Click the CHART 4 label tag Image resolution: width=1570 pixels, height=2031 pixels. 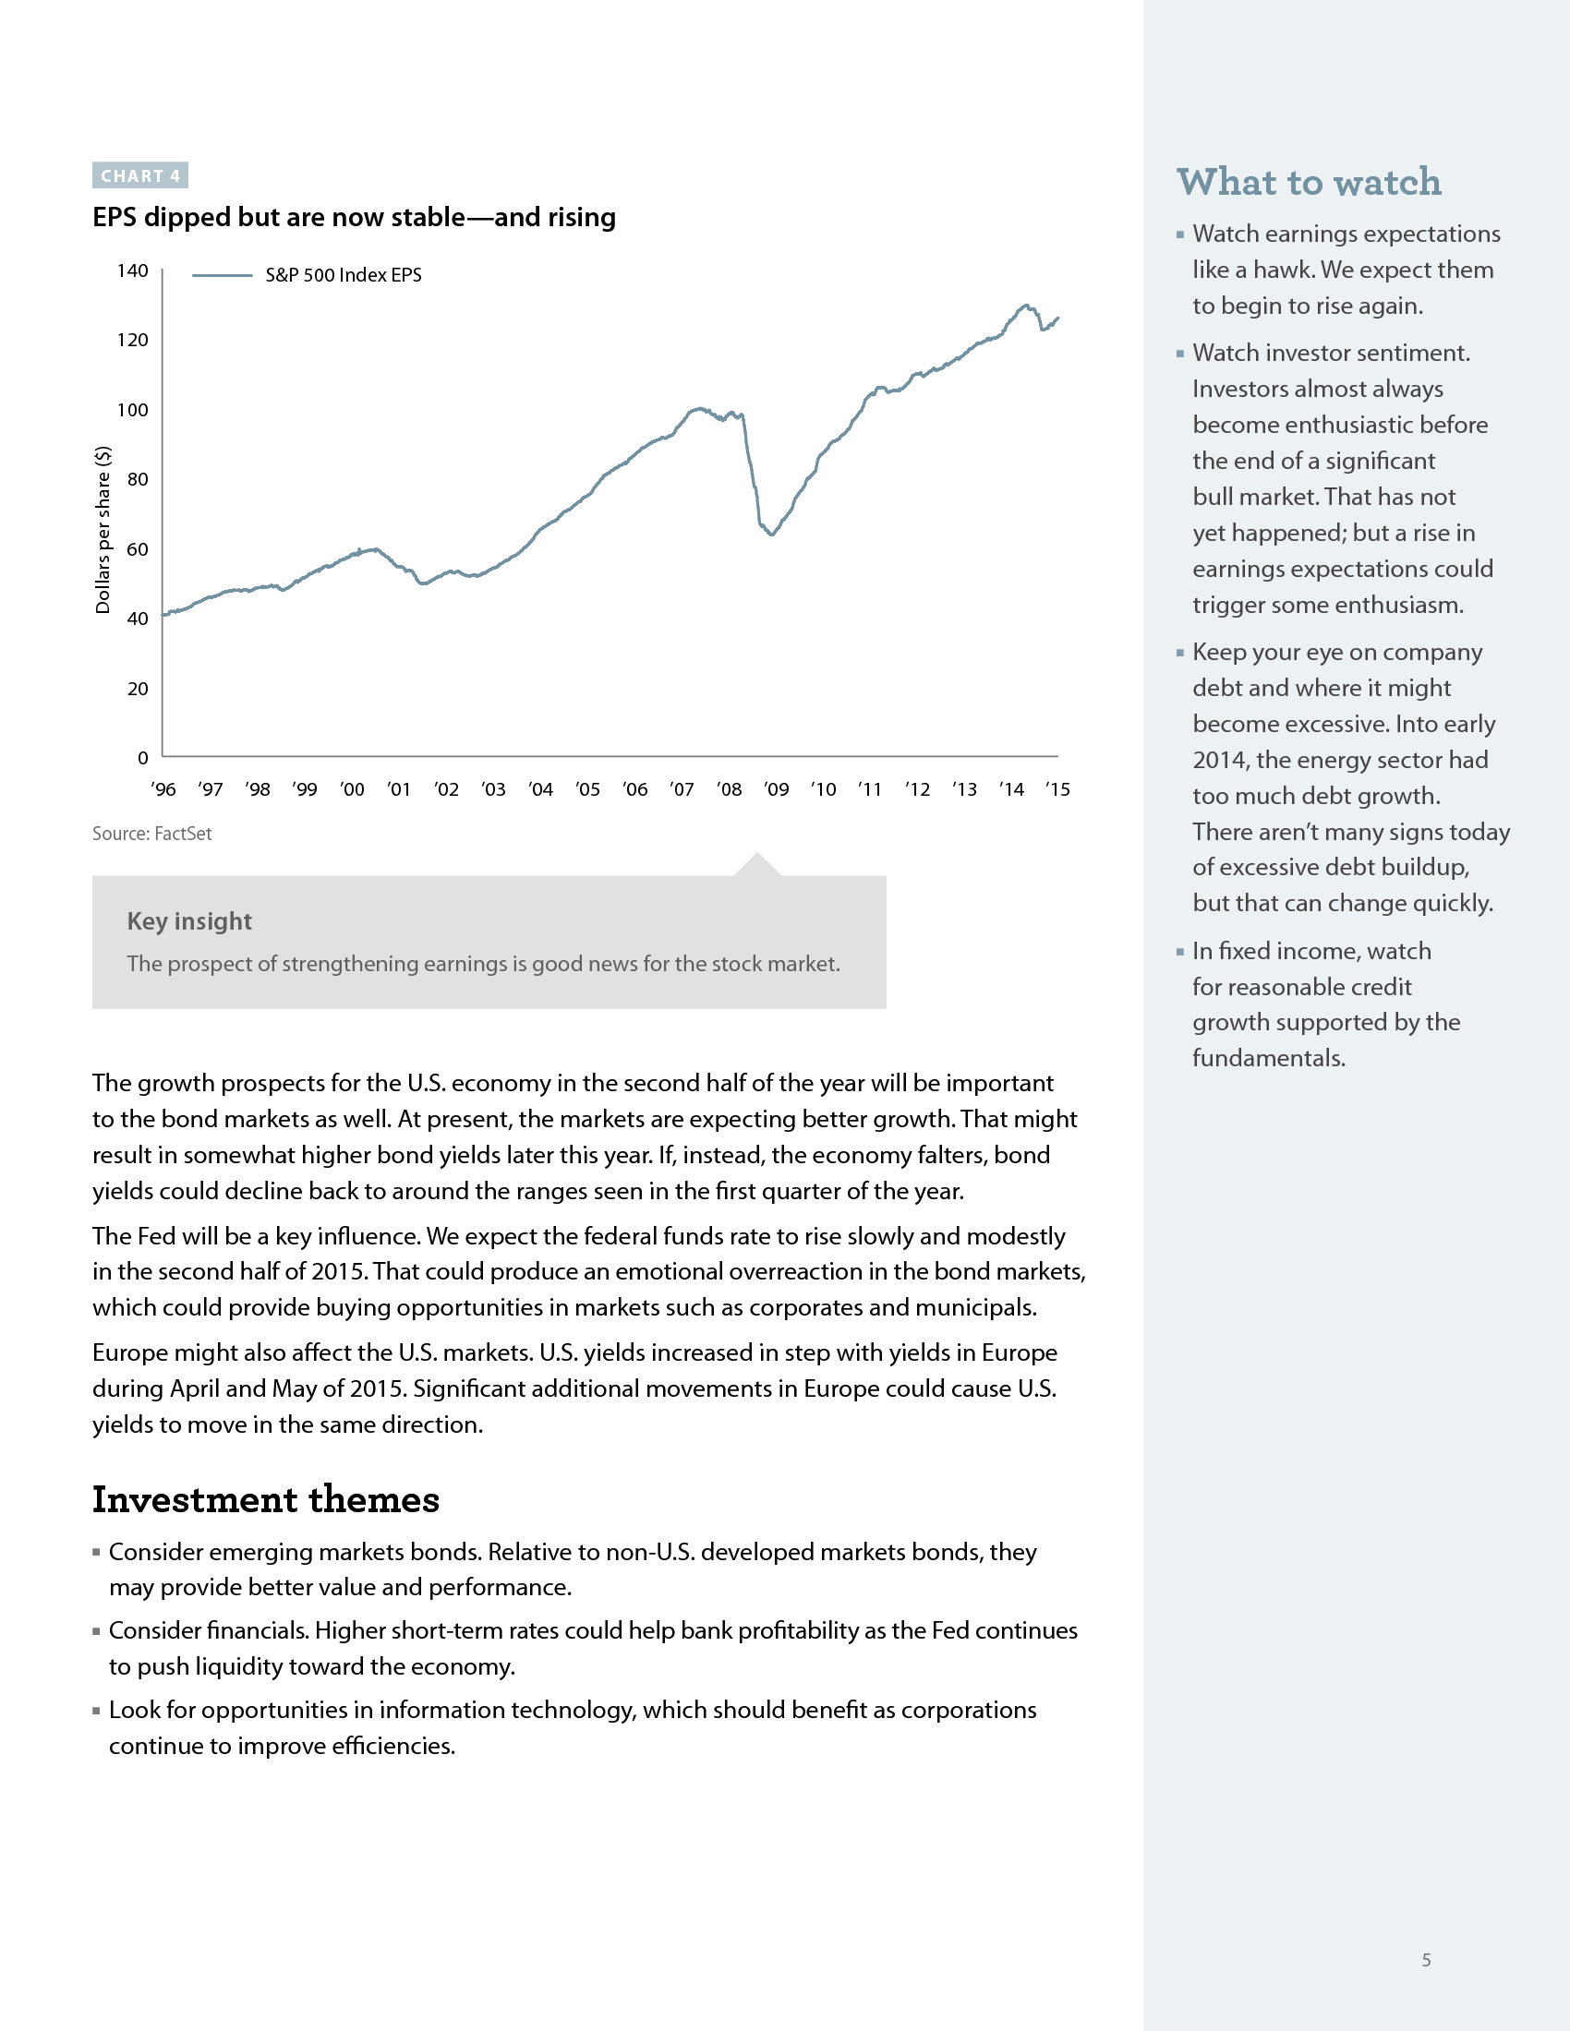140,175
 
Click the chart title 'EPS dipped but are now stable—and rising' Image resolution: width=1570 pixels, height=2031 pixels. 354,218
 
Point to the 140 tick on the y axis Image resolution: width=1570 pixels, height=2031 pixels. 132,270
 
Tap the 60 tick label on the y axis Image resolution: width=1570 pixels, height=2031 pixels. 137,549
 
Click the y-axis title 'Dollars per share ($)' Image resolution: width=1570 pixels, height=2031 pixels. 103,530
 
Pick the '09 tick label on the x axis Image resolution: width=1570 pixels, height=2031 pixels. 776,789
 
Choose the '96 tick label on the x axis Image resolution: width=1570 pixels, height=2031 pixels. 163,789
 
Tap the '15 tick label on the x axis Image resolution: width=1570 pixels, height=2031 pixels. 1057,789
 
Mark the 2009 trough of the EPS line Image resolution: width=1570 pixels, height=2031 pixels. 772,534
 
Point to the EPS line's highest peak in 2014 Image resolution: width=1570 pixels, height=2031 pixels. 1026,305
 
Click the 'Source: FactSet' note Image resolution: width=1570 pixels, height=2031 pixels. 151,835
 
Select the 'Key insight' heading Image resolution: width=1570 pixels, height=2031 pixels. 189,921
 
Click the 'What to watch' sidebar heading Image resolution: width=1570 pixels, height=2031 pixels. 1309,182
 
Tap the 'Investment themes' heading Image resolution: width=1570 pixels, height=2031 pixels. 266,1500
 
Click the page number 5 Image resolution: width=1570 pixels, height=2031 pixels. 1426,1960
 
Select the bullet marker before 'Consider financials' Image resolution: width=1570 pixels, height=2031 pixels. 97,1631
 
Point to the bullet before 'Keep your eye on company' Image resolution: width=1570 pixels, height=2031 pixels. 1180,653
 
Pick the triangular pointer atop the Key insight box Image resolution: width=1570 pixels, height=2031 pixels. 757,865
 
